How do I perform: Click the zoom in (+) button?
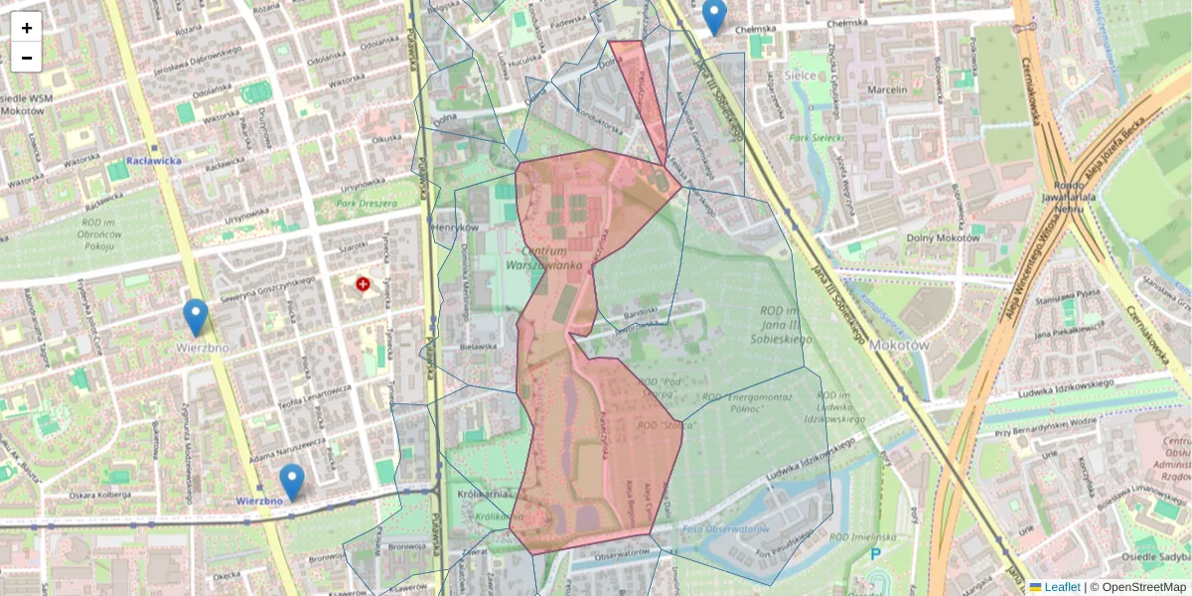click(27, 28)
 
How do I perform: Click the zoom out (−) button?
click(27, 58)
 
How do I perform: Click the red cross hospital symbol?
click(363, 284)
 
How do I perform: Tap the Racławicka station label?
click(154, 160)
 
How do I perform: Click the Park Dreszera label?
click(360, 204)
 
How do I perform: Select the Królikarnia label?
click(485, 494)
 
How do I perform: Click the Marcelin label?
click(887, 89)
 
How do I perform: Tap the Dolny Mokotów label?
click(943, 237)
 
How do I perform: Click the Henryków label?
click(456, 227)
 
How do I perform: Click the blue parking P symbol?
click(875, 554)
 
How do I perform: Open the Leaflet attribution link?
click(1061, 587)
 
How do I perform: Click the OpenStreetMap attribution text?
click(1143, 587)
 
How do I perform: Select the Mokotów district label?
click(898, 345)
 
